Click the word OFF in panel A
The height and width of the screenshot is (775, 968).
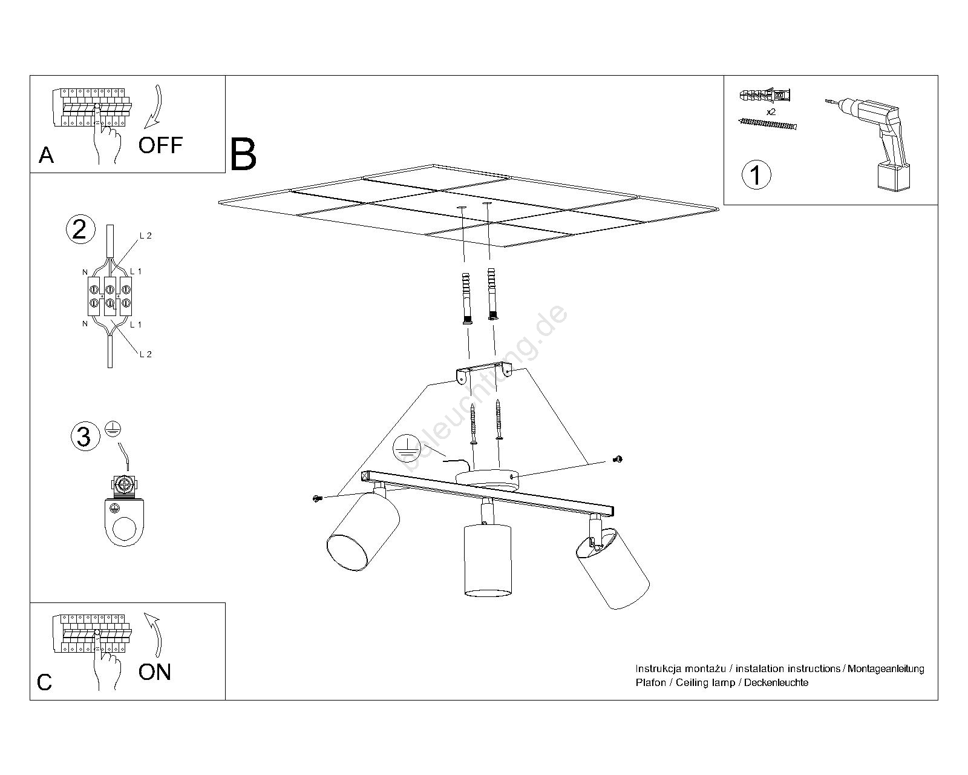[x=160, y=145]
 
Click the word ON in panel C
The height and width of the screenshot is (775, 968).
[x=155, y=672]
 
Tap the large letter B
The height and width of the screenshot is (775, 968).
[x=243, y=154]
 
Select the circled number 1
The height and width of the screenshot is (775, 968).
[x=756, y=174]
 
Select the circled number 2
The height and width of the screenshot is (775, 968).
[x=80, y=229]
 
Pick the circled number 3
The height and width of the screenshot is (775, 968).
[x=83, y=437]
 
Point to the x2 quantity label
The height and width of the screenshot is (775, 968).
[x=771, y=112]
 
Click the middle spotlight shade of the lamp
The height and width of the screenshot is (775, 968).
[x=487, y=560]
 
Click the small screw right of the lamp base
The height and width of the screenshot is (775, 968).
[x=618, y=460]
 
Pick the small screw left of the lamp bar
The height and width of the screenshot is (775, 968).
[x=316, y=498]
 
